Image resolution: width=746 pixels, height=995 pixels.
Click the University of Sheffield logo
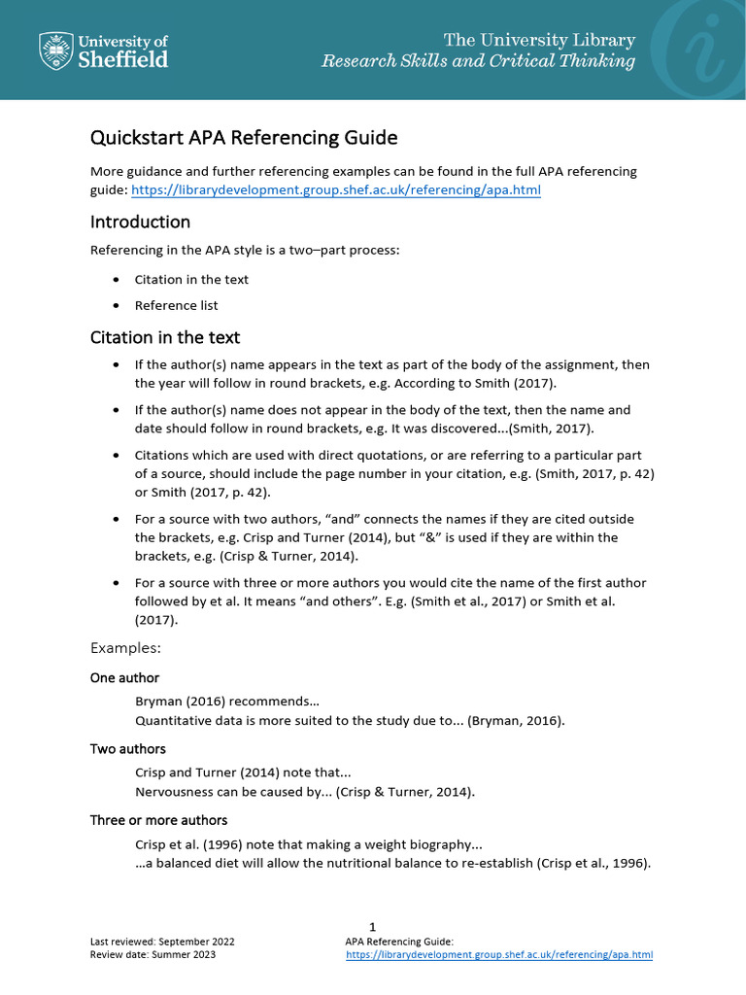[x=103, y=50]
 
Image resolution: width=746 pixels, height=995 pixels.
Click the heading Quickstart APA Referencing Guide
[x=244, y=138]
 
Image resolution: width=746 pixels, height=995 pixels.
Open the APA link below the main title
[x=335, y=190]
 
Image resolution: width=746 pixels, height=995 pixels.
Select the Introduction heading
[x=140, y=222]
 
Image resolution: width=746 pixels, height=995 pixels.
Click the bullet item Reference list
[x=176, y=305]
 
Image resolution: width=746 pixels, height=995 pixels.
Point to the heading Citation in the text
[x=164, y=337]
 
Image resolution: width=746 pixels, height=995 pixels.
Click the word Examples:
[x=125, y=647]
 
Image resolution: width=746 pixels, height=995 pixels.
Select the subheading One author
[x=124, y=677]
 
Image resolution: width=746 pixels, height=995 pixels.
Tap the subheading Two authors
[x=127, y=749]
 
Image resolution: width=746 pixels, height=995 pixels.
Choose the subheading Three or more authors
[x=158, y=820]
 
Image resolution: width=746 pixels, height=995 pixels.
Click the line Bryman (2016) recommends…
[x=226, y=701]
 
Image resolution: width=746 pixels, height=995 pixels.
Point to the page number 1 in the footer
[x=372, y=927]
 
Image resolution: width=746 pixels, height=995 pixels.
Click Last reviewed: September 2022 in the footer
[x=161, y=942]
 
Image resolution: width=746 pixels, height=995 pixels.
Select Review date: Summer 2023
[x=153, y=955]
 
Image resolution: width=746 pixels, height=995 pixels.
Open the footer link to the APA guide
[x=499, y=955]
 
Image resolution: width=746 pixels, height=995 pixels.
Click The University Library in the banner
[x=539, y=40]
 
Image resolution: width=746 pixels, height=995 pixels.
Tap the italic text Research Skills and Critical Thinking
[x=478, y=61]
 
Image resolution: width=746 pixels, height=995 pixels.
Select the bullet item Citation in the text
[x=191, y=279]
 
